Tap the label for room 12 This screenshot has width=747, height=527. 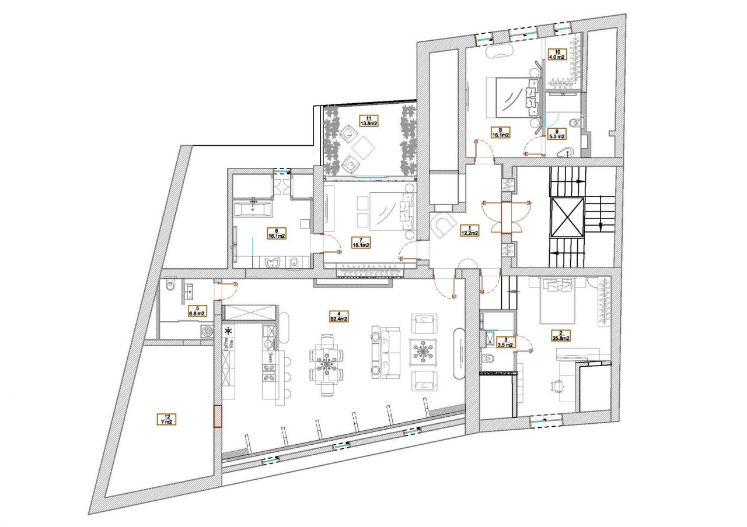click(167, 419)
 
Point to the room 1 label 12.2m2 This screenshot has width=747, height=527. click(469, 230)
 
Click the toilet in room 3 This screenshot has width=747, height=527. click(487, 357)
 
